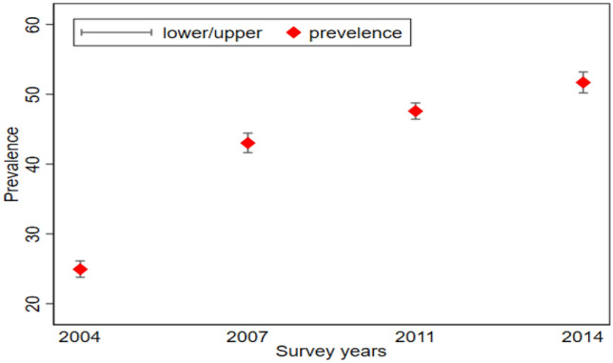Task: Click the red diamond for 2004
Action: click(x=80, y=270)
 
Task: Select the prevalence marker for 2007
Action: click(x=247, y=143)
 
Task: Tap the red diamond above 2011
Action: click(x=415, y=111)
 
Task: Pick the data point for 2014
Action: click(x=583, y=83)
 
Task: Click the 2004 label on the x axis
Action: click(x=80, y=337)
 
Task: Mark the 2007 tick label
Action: click(x=247, y=337)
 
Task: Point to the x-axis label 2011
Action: click(x=415, y=337)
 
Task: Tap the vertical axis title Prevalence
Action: click(x=11, y=164)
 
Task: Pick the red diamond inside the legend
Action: click(x=295, y=33)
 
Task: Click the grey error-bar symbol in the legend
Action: click(x=116, y=33)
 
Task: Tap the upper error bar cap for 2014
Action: click(x=583, y=72)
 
